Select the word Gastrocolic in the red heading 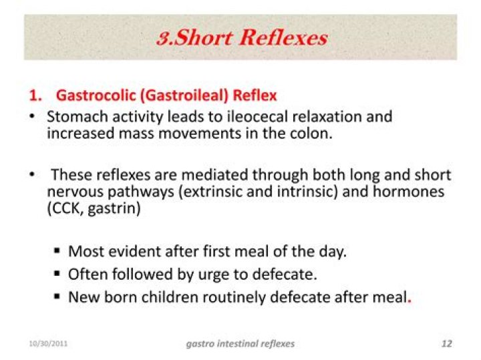(95, 96)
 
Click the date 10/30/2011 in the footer (47, 344)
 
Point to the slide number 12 (447, 344)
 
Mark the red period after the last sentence (409, 300)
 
